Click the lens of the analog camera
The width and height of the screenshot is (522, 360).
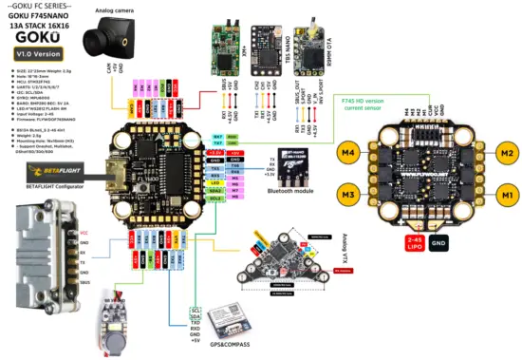pos(95,43)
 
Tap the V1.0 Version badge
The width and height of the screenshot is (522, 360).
pos(36,55)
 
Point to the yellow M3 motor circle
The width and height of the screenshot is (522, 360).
pos(348,196)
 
